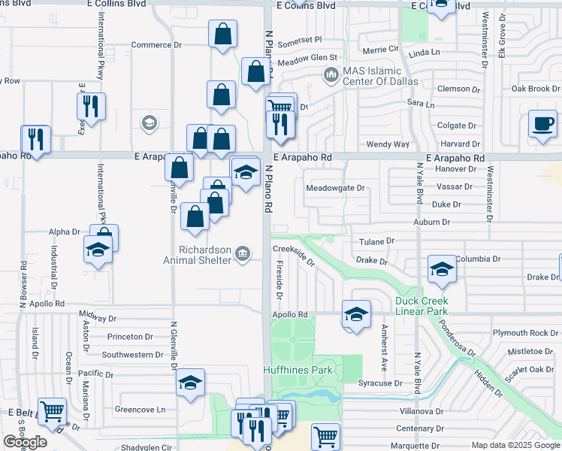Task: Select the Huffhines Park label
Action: pos(298,370)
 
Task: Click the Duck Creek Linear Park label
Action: pos(432,306)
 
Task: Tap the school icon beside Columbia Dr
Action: pos(441,268)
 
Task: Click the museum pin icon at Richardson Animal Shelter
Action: pos(243,254)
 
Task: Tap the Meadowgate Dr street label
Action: pos(335,188)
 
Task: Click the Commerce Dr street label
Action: pos(156,44)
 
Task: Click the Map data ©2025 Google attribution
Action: pos(515,445)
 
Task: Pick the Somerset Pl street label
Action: pos(299,39)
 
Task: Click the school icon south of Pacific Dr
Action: pos(191,383)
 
